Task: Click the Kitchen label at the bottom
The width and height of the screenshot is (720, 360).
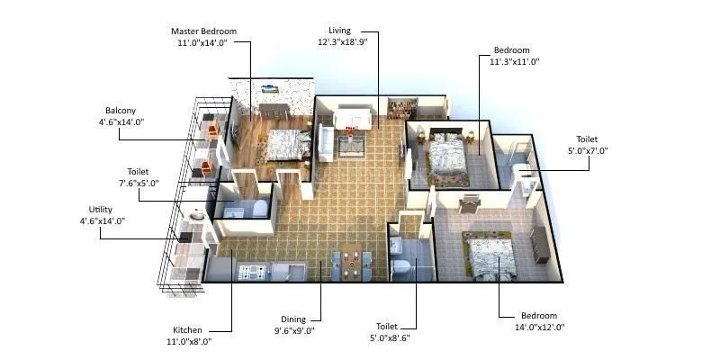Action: click(187, 329)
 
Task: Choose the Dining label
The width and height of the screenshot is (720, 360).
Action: click(293, 319)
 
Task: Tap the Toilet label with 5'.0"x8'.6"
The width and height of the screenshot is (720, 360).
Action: click(391, 326)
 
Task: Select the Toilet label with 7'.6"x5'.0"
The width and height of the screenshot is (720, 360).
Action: click(138, 171)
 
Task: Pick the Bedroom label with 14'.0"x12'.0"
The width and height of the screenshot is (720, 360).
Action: click(539, 316)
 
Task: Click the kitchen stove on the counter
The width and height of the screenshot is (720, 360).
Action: click(251, 270)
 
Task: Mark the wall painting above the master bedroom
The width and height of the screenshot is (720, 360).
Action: click(269, 88)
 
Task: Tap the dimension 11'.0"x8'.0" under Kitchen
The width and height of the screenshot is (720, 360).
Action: click(187, 342)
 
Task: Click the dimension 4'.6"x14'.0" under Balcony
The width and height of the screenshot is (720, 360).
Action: click(121, 121)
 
